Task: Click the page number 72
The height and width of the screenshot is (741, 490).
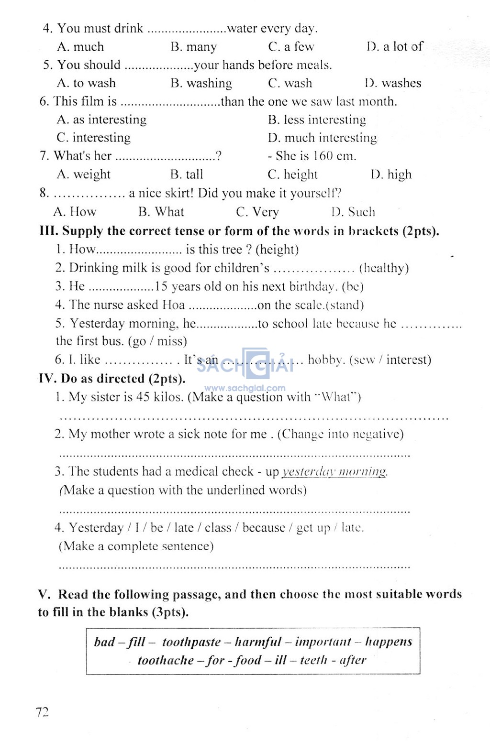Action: click(42, 712)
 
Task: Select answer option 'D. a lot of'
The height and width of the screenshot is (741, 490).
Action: click(395, 46)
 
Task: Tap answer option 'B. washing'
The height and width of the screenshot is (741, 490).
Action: click(201, 83)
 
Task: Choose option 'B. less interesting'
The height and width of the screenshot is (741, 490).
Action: click(317, 120)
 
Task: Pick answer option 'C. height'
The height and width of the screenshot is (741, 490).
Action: click(292, 174)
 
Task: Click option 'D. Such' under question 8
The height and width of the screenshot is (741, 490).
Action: click(353, 212)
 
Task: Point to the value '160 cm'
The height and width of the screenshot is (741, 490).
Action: click(334, 156)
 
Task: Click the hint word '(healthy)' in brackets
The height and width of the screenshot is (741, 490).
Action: click(384, 268)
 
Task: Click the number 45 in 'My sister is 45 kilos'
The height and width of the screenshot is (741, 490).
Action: click(143, 397)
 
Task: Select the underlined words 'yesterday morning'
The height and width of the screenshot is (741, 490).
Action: click(334, 472)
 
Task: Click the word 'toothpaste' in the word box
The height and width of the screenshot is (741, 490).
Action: click(191, 642)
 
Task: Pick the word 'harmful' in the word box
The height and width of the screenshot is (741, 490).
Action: click(258, 642)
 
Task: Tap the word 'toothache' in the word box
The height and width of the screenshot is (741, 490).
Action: click(166, 660)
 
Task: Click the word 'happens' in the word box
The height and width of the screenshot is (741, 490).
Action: click(389, 642)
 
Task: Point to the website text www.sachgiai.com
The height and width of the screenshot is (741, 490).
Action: click(245, 388)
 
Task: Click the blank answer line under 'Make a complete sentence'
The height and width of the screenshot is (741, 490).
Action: click(234, 567)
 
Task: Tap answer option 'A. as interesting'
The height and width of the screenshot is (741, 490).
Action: click(101, 120)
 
